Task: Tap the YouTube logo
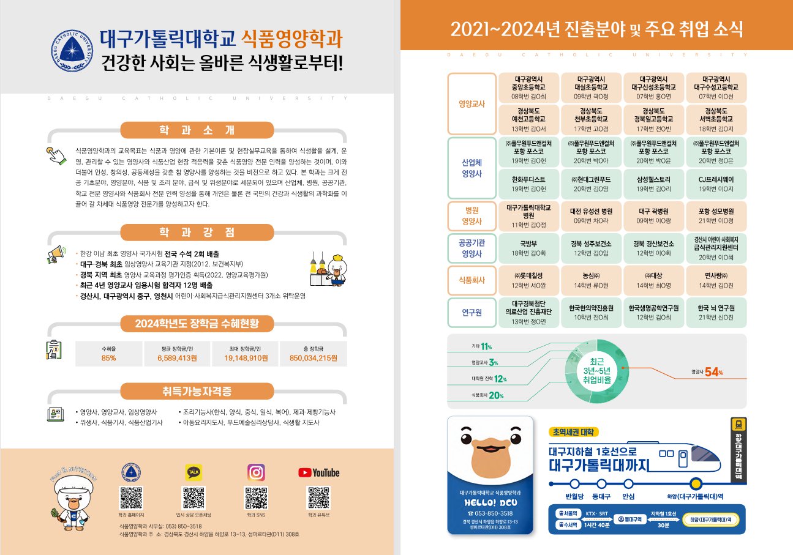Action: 318,472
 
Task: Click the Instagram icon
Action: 256,472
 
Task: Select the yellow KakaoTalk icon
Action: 193,472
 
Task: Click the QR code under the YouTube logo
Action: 318,498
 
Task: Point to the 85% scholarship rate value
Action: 109,358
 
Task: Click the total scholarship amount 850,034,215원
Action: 313,358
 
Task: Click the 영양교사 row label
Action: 472,104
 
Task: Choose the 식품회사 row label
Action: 472,280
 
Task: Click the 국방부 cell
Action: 528,247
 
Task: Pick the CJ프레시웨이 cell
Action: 716,184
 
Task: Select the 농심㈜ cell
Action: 592,280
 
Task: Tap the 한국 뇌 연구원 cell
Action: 716,313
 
